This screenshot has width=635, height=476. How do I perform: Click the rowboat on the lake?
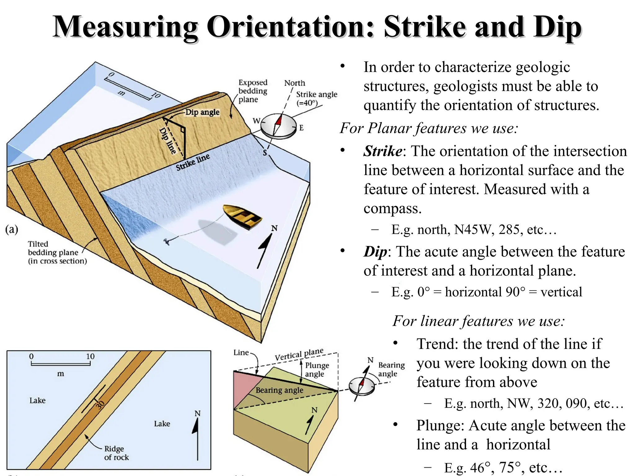click(x=243, y=217)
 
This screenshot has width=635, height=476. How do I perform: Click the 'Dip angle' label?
click(x=202, y=112)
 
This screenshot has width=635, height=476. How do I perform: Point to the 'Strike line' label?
click(x=193, y=162)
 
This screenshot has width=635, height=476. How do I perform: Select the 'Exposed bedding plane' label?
click(x=252, y=91)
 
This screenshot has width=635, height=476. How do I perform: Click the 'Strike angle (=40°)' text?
click(x=316, y=98)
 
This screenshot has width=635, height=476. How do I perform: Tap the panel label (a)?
click(x=12, y=230)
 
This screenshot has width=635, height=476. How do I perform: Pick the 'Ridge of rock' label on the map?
click(x=116, y=453)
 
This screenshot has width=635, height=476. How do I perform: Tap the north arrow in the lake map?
click(x=197, y=437)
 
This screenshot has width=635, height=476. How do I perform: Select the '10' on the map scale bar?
click(x=90, y=356)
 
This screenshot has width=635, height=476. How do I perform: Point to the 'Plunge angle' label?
click(x=317, y=369)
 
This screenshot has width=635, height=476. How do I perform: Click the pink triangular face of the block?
click(x=243, y=389)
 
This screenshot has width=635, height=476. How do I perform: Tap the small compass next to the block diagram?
click(x=362, y=386)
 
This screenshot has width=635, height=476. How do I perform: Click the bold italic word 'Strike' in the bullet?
click(x=383, y=151)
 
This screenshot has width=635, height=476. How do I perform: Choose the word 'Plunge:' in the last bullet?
click(x=440, y=425)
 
